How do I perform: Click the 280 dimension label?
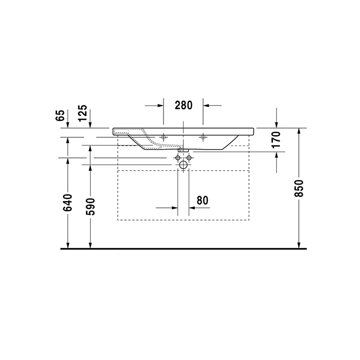(x=183, y=105)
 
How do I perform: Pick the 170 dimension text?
(x=276, y=140)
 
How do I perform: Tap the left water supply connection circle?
(x=178, y=157)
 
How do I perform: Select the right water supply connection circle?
(x=189, y=157)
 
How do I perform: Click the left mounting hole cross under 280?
(x=164, y=137)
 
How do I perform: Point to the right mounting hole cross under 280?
(x=203, y=137)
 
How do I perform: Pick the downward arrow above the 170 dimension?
(x=277, y=123)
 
